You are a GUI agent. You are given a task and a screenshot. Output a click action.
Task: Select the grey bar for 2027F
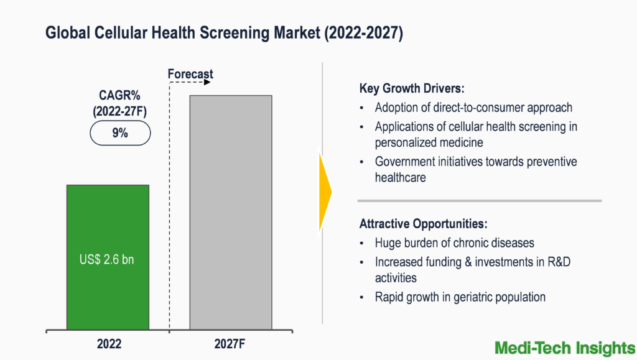(230, 211)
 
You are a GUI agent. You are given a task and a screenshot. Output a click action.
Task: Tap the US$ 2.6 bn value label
(108, 260)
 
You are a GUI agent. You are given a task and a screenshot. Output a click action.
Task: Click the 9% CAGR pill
(119, 132)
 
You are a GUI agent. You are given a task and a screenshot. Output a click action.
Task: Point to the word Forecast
(190, 74)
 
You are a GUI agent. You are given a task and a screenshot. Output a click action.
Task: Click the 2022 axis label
(108, 343)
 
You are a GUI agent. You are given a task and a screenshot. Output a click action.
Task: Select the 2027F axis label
(231, 343)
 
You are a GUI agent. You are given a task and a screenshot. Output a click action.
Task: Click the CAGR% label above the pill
(119, 96)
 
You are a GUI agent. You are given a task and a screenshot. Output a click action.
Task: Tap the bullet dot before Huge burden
(363, 243)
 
